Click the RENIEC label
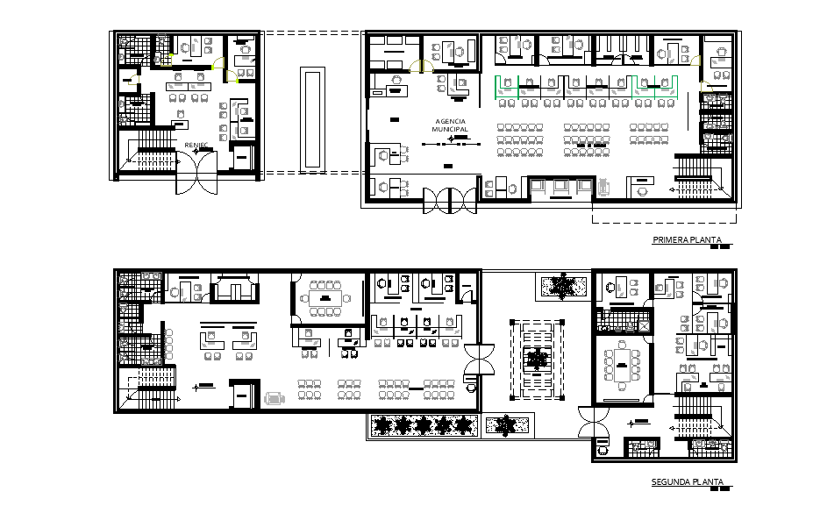click(x=196, y=145)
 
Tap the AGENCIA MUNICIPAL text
click(x=450, y=125)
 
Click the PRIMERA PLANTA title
click(x=686, y=240)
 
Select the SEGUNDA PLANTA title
click(x=688, y=482)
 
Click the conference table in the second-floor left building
click(x=327, y=298)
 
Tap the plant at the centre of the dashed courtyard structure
click(x=535, y=360)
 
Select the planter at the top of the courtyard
click(x=558, y=285)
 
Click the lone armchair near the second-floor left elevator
click(x=275, y=398)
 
